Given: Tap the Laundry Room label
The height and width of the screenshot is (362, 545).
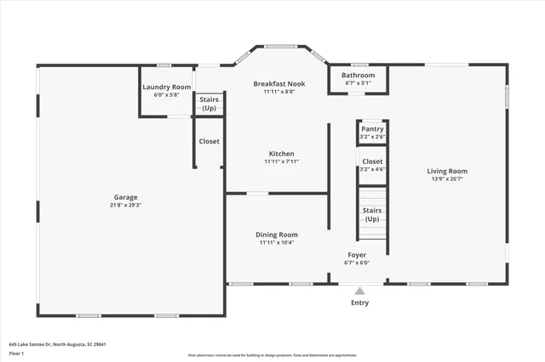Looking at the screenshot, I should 166,87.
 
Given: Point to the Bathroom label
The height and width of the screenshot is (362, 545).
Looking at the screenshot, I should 359,76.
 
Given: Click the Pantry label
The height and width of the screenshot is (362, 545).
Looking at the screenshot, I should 372,129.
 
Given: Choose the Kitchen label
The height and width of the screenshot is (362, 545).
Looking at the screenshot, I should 281,154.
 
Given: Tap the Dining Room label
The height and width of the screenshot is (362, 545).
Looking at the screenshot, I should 277,235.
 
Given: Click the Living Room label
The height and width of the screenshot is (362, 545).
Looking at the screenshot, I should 447,171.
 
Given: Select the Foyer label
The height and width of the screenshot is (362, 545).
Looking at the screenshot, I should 357,255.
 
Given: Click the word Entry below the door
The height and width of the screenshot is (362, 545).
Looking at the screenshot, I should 360,303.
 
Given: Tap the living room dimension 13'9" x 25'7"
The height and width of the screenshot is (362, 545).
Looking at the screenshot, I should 447,179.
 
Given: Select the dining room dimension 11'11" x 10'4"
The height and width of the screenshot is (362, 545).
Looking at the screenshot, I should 277,243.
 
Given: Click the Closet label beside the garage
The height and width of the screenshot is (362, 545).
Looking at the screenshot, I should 209,141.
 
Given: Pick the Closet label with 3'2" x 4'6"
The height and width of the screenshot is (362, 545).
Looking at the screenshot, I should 372,161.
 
